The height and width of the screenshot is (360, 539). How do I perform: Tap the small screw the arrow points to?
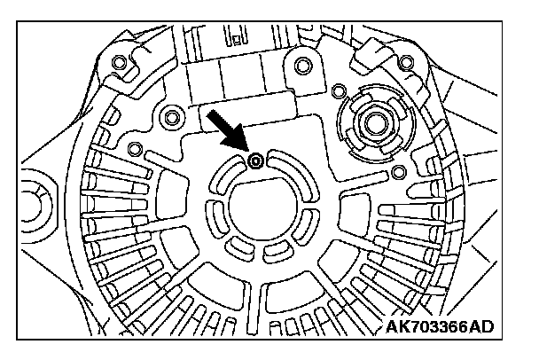(x=255, y=160)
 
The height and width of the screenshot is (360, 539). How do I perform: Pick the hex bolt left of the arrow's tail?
(x=172, y=116)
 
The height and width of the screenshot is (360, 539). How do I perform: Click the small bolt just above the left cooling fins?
(x=134, y=147)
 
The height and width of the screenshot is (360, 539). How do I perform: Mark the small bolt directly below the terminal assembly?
(x=398, y=169)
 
